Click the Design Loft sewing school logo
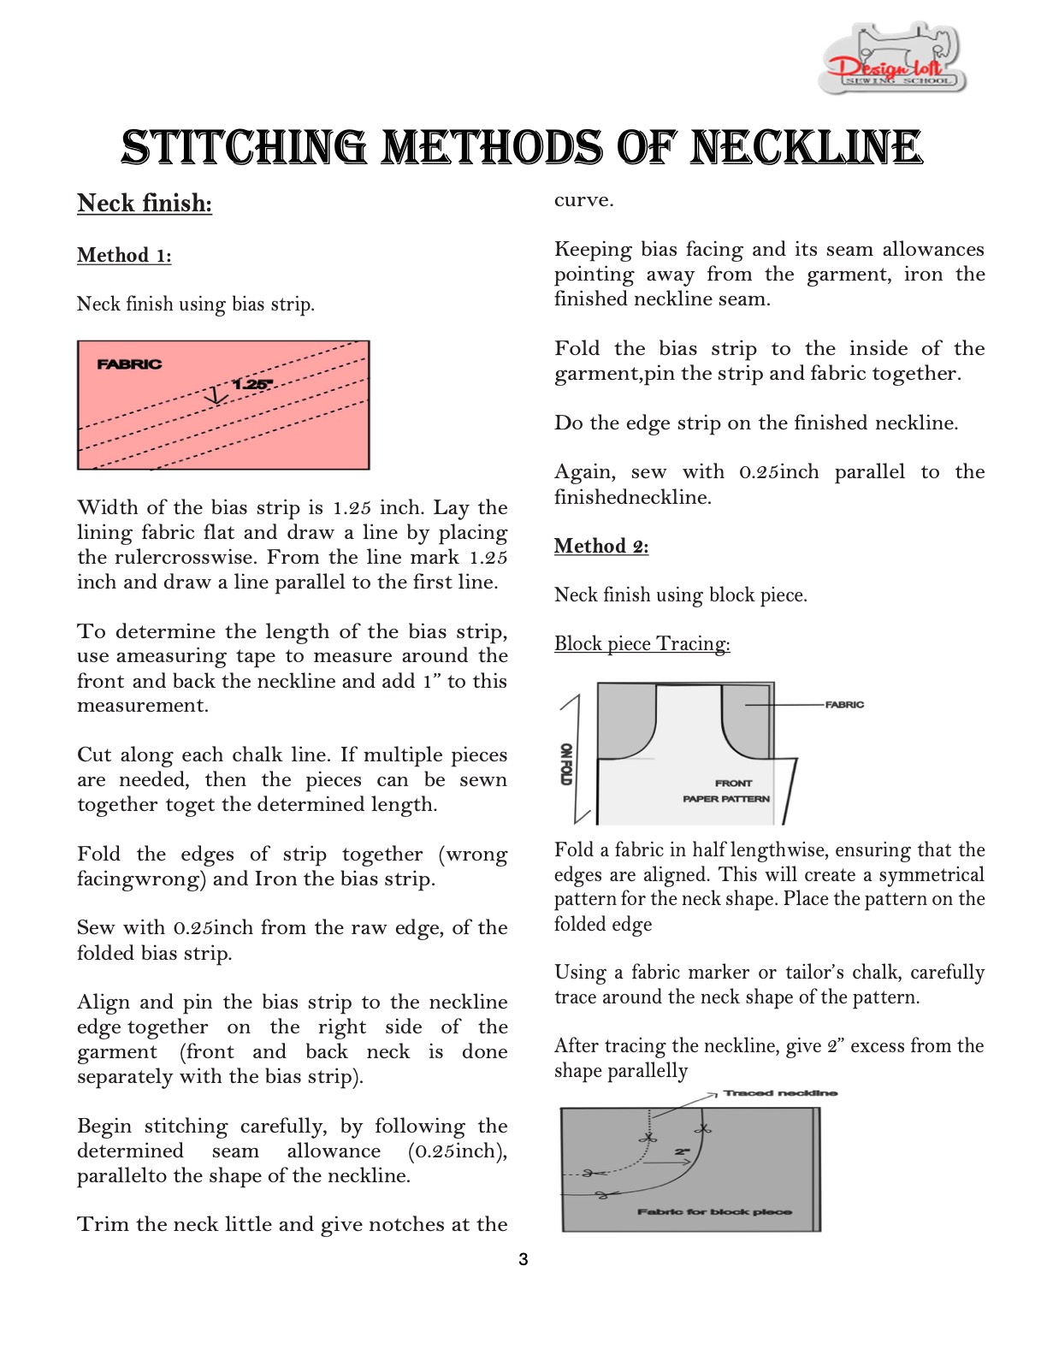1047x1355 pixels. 893,58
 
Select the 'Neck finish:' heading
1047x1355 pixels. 145,204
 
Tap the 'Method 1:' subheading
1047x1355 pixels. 124,256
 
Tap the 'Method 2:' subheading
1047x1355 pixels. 601,547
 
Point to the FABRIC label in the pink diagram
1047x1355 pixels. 129,364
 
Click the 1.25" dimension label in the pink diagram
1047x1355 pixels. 251,384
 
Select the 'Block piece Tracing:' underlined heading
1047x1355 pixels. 642,644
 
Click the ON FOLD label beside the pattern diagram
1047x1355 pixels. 565,764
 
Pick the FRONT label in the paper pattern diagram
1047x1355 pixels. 733,783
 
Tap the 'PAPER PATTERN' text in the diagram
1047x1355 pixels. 726,799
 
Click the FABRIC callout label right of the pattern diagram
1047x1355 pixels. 844,705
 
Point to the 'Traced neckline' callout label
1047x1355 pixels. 780,1093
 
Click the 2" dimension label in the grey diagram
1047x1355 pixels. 682,1151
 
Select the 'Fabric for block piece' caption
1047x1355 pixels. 714,1212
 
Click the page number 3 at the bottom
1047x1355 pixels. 523,1259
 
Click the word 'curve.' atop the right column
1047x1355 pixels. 584,200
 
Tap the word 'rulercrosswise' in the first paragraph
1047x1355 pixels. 182,558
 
